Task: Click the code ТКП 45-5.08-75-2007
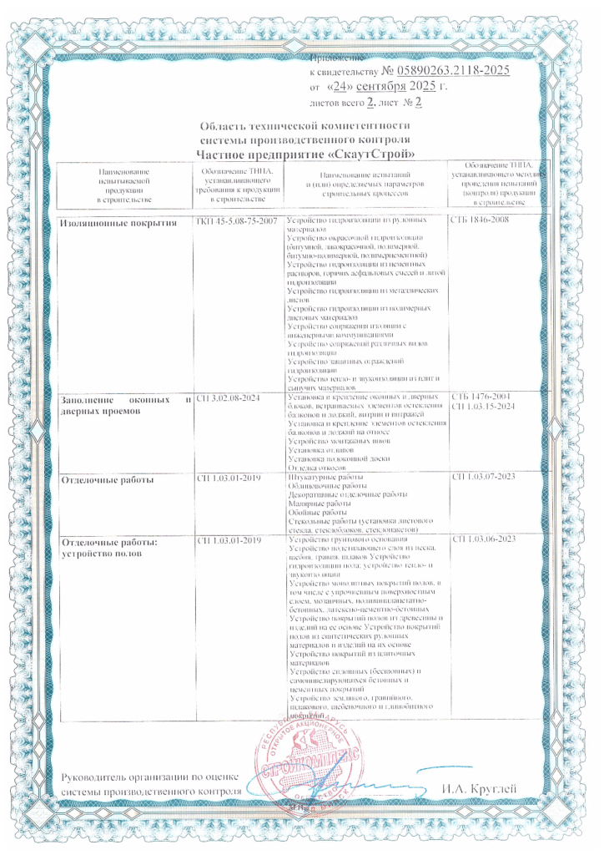tap(235, 220)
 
